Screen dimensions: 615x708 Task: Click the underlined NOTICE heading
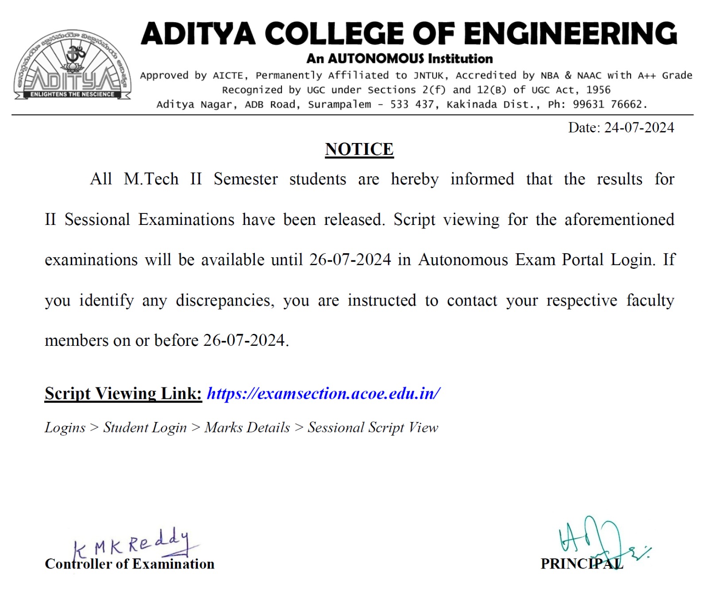point(359,150)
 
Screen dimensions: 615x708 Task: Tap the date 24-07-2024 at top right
point(639,128)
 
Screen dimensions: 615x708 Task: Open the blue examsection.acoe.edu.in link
point(323,394)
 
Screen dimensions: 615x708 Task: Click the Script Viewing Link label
point(123,394)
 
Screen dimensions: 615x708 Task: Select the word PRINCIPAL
point(581,564)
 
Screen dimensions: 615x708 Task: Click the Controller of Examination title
point(129,564)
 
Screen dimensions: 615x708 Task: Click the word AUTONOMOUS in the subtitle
point(376,58)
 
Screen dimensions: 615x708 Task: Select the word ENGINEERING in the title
point(570,34)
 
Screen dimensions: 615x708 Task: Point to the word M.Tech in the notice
point(151,179)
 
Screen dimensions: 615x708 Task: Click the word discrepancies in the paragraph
point(225,301)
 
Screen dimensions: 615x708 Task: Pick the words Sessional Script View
point(373,428)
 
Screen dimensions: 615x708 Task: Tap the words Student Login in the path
point(145,428)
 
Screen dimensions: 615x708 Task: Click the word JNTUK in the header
point(428,76)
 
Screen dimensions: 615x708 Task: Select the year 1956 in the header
point(598,90)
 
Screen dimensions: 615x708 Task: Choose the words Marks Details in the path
point(247,428)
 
